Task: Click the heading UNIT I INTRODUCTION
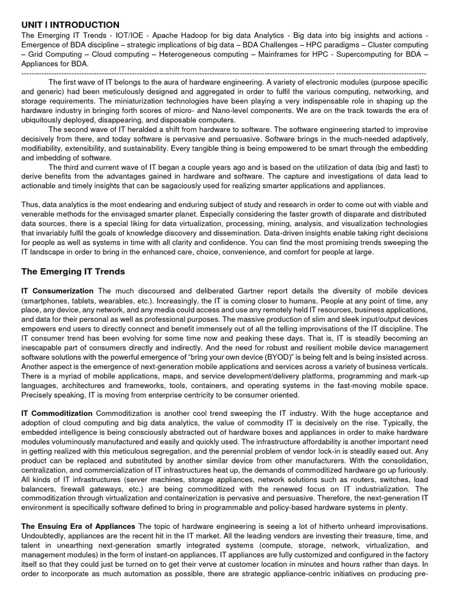point(70,25)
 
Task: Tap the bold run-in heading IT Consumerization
point(57,291)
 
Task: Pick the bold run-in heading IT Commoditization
point(57,413)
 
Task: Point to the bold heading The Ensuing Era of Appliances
point(78,526)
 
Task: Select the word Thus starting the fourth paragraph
point(30,205)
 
